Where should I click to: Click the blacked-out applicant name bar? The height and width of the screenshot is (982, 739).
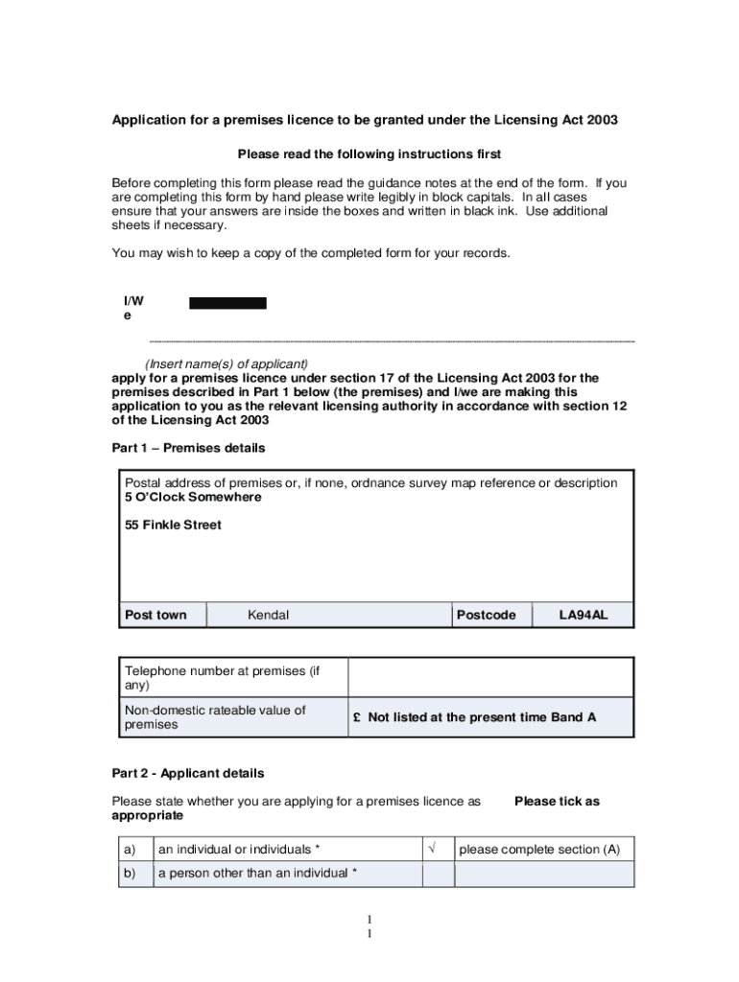[227, 303]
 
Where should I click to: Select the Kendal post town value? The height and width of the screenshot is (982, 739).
[268, 615]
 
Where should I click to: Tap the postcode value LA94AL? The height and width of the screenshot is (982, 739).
[584, 615]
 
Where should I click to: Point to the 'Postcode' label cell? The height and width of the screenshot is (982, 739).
[487, 615]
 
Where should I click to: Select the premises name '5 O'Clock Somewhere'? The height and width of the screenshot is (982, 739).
[193, 498]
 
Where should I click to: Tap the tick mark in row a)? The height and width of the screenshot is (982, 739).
[433, 849]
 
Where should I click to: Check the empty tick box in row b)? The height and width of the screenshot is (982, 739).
[438, 874]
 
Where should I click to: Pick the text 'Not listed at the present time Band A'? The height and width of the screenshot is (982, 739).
[481, 717]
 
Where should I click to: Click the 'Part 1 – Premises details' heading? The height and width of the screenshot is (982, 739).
[188, 448]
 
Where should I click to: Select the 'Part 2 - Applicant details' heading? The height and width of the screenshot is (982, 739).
[188, 773]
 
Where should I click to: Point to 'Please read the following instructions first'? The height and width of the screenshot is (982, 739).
[369, 153]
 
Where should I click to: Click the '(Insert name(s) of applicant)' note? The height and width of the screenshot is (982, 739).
[226, 364]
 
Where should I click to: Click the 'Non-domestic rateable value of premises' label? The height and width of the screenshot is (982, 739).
[215, 717]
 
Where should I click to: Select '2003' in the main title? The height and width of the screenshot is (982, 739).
[602, 120]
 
